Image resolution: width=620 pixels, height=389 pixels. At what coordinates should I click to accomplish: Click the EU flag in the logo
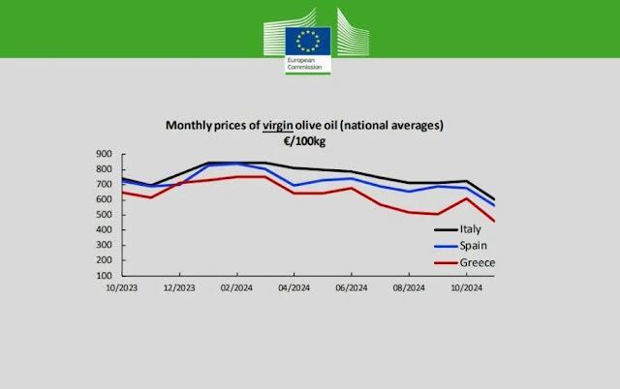[x=309, y=40]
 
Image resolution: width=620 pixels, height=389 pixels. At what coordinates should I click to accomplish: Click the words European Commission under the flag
[x=301, y=66]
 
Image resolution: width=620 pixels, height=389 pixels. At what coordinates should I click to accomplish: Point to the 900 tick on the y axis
[x=106, y=154]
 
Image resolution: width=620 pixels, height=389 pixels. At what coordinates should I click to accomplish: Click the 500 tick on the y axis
[x=106, y=215]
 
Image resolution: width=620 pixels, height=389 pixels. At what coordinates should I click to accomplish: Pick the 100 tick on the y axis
[x=106, y=275]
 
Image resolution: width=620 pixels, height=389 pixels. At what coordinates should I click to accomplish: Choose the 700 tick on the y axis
[x=106, y=184]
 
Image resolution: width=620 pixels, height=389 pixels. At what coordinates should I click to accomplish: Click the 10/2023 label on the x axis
[x=122, y=288]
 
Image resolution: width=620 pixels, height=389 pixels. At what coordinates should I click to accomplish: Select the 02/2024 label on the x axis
[x=236, y=288]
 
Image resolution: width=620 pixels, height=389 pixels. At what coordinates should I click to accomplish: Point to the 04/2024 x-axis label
[x=294, y=288]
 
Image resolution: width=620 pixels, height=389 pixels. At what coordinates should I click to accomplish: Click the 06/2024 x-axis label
[x=351, y=288]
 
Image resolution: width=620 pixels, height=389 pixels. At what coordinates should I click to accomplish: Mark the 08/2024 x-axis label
[x=408, y=288]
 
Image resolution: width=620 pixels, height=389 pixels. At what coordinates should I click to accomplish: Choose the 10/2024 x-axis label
[x=466, y=288]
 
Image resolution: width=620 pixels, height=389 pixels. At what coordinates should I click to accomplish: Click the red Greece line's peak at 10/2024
[x=467, y=199]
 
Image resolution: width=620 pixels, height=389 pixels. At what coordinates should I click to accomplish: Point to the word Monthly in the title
[x=190, y=126]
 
